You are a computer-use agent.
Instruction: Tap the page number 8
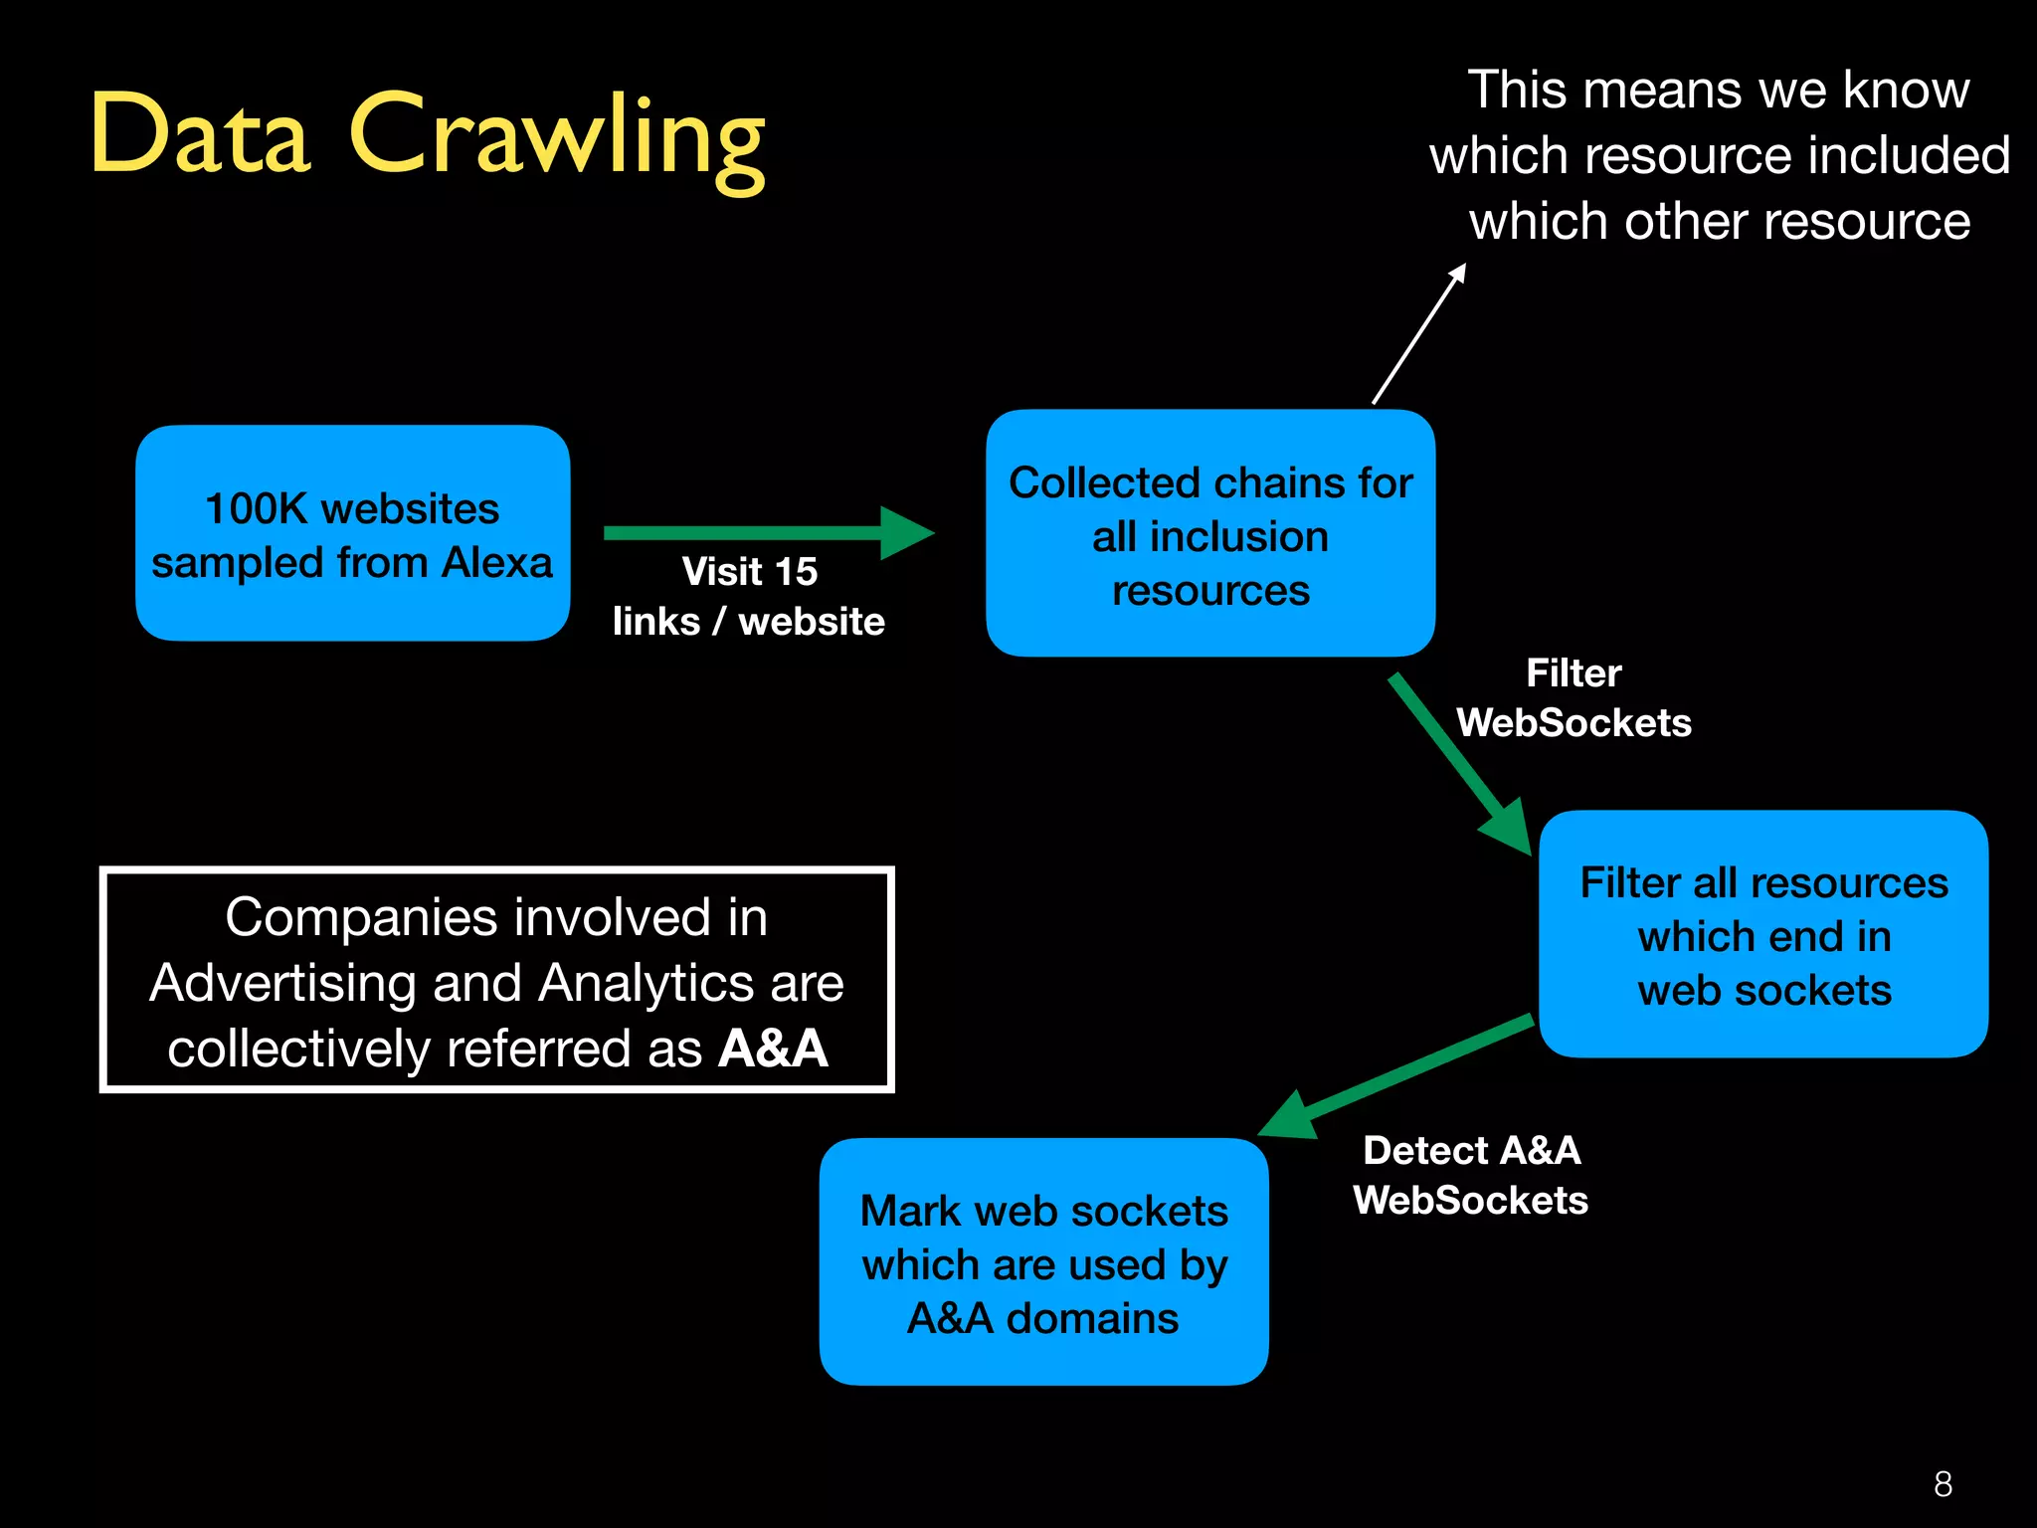click(1943, 1484)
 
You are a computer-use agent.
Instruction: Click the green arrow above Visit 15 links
click(766, 532)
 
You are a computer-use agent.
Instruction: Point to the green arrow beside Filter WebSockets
click(1457, 761)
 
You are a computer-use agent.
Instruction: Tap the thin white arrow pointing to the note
click(1419, 333)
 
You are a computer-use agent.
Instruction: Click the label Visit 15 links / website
click(749, 597)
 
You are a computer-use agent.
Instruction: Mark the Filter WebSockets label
click(1574, 698)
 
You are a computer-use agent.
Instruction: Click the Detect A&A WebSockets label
click(1471, 1176)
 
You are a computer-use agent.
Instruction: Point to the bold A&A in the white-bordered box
click(774, 1050)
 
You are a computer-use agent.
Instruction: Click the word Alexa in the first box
click(496, 563)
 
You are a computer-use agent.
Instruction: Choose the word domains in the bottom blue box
click(1092, 1319)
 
